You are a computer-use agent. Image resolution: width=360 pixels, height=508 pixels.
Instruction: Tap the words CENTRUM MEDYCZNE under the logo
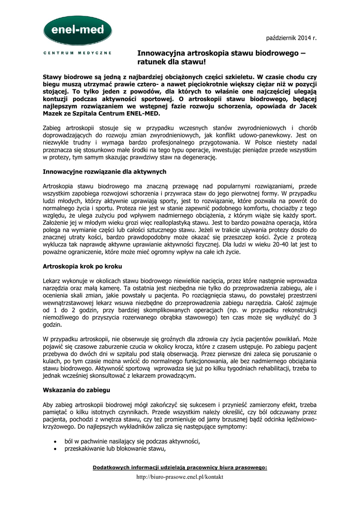coord(77,53)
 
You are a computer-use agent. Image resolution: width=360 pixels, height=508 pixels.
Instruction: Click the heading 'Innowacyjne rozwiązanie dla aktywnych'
coord(104,172)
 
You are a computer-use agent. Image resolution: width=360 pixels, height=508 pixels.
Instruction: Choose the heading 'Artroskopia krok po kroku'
coord(86,266)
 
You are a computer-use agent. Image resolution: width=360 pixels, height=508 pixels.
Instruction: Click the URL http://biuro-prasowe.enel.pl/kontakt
coord(180,477)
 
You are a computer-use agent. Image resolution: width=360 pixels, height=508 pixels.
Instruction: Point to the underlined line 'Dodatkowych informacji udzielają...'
coord(180,467)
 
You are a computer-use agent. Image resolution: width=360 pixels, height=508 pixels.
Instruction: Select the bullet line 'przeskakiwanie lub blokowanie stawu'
coord(114,449)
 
